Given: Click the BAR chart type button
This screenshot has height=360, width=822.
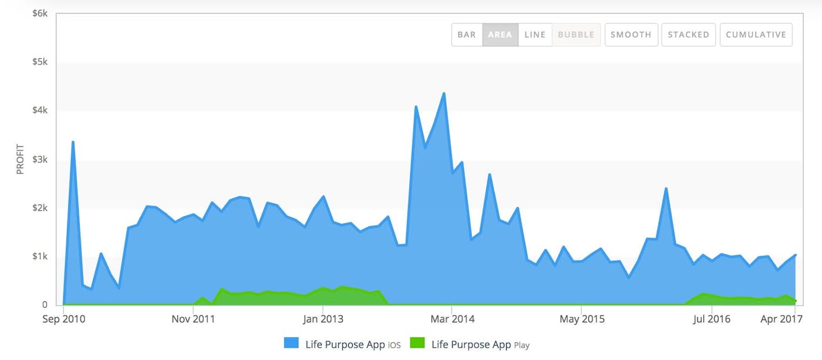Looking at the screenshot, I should [467, 35].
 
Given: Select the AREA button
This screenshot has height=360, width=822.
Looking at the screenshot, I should [500, 35].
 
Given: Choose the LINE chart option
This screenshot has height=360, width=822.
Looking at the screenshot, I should [535, 35].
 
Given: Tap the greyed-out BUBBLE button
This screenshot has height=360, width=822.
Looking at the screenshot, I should [576, 35].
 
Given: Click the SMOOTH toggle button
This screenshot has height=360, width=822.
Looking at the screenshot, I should [631, 35].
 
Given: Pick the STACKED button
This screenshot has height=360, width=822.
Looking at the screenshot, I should [688, 35].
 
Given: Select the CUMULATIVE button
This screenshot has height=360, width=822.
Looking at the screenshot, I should [756, 35].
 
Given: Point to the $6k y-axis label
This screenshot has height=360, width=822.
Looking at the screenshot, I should [40, 13].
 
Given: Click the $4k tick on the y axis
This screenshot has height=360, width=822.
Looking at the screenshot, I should [40, 110].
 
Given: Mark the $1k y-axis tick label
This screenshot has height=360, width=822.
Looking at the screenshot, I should [40, 256].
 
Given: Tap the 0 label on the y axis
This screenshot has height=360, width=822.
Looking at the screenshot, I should [45, 305].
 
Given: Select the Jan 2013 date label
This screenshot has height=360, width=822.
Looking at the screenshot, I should [323, 319].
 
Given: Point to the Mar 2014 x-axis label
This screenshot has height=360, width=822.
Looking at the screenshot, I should [452, 319].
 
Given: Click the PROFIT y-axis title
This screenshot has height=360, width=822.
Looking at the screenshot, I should [20, 159].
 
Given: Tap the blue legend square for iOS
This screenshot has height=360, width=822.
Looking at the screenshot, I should [291, 344].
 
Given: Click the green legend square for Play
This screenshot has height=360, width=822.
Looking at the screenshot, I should [416, 344].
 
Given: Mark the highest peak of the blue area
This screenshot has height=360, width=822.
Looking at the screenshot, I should [444, 93].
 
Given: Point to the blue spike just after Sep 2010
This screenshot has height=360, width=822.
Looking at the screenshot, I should [73, 142].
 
